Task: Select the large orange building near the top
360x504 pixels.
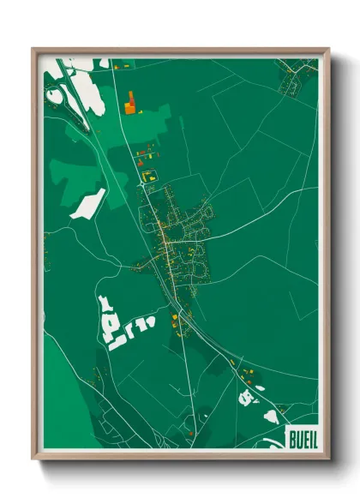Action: [x=130, y=104]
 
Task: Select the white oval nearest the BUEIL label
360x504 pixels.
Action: [x=271, y=415]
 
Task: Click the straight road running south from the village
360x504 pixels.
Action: [x=188, y=369]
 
